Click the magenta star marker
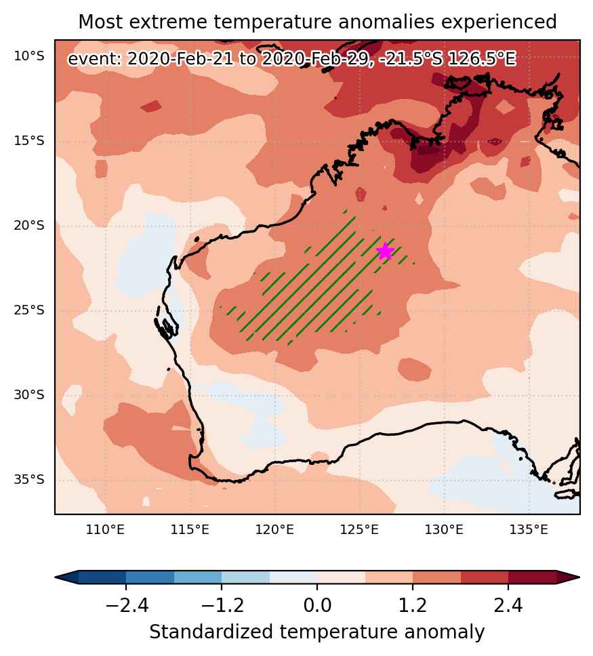[x=385, y=251]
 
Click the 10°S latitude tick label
[x=29, y=56]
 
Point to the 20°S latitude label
[x=29, y=226]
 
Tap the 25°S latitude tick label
[x=29, y=310]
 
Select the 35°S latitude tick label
[x=29, y=479]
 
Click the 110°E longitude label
[x=105, y=530]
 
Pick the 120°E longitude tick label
[x=274, y=530]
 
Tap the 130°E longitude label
[x=444, y=530]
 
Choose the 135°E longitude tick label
[x=529, y=530]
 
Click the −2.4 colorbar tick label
[x=127, y=605]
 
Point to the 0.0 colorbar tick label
[x=317, y=605]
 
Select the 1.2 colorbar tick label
[x=413, y=605]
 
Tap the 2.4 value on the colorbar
[x=508, y=605]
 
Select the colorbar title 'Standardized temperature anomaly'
[x=317, y=632]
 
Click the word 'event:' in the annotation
[x=95, y=58]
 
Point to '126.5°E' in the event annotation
[x=482, y=58]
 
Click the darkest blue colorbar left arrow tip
[x=56, y=577]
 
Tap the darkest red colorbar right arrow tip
[x=579, y=577]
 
